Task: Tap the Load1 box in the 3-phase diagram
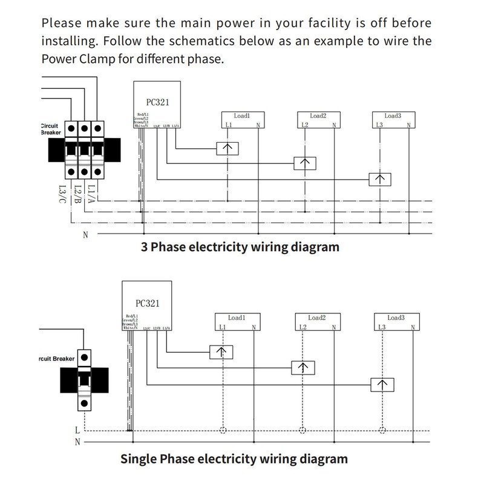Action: (x=242, y=120)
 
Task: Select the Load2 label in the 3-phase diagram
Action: (x=318, y=116)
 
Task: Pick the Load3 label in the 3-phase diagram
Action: (x=393, y=116)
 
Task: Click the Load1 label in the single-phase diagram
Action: (x=237, y=318)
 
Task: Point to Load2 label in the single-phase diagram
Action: (x=317, y=318)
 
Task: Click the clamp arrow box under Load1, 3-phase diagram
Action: (x=227, y=149)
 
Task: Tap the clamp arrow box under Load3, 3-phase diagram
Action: (x=380, y=179)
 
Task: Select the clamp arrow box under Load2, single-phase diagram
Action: (x=302, y=367)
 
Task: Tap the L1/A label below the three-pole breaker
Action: (x=91, y=192)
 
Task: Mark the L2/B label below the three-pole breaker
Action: (x=77, y=192)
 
